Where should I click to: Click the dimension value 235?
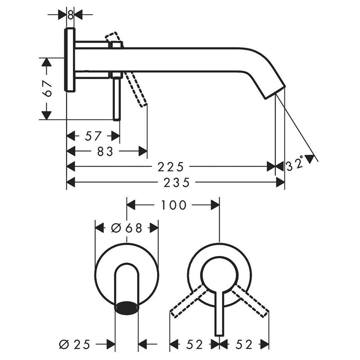[175, 182]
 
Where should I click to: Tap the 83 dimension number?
[104, 152]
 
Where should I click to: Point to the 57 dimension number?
[93, 135]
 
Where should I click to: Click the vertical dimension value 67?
[48, 88]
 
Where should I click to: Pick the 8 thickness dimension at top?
[71, 14]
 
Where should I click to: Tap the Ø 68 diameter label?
[126, 228]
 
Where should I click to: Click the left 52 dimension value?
[194, 345]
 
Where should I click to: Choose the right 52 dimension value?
[243, 345]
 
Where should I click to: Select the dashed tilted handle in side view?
[136, 88]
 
